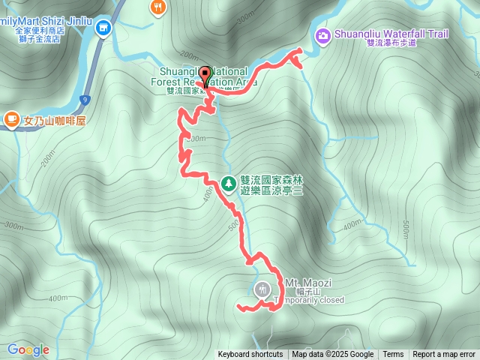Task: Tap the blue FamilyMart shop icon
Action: [103, 29]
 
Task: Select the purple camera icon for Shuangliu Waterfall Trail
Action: [323, 34]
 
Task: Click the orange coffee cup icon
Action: [12, 118]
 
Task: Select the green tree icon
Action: [229, 182]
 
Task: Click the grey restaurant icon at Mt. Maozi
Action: [262, 289]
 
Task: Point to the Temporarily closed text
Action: [310, 300]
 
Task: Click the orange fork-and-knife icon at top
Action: [157, 7]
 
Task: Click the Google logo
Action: [28, 349]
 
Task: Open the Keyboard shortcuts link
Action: [250, 355]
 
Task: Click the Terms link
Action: [393, 355]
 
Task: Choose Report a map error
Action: [444, 355]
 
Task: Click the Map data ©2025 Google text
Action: [333, 355]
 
